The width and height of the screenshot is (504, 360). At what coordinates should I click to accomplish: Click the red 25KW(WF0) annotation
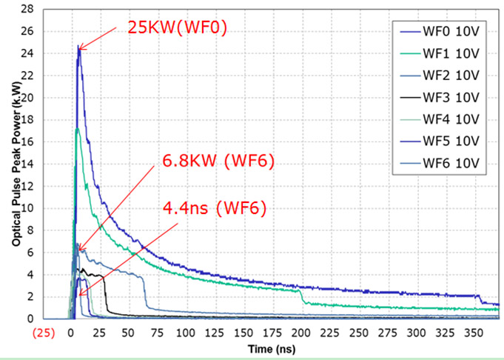pos(178,27)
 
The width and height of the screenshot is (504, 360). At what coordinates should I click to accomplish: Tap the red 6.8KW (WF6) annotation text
pos(218,161)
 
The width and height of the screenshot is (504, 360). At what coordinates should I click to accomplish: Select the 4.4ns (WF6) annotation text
pos(215,208)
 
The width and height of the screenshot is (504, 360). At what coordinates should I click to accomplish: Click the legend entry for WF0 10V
pos(440,32)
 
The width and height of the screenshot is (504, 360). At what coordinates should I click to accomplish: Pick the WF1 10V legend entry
pos(440,54)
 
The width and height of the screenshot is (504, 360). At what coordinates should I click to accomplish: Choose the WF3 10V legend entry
pos(440,98)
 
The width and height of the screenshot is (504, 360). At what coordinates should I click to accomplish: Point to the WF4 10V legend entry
pos(440,119)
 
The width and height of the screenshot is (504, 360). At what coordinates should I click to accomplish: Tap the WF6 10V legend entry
pos(440,163)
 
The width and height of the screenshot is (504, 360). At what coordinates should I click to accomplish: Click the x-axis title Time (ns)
pos(272,349)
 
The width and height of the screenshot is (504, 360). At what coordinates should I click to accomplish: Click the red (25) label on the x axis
pos(44,333)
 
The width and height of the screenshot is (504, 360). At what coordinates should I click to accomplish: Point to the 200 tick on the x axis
pos(301,333)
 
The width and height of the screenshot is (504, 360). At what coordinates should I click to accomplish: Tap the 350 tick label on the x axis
pos(474,333)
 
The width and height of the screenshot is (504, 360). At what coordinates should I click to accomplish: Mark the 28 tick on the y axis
pos(28,10)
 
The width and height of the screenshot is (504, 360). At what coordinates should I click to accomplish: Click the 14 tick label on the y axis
pos(28,164)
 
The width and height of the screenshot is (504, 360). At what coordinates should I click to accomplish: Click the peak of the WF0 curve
pos(78,46)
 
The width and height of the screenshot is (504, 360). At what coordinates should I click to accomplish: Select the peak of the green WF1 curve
pos(77,129)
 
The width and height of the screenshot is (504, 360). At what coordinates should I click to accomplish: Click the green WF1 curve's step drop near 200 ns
pos(302,296)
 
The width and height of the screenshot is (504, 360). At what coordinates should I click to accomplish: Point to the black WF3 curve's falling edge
pos(106,294)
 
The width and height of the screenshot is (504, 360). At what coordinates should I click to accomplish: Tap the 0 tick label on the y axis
pos(31,319)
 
